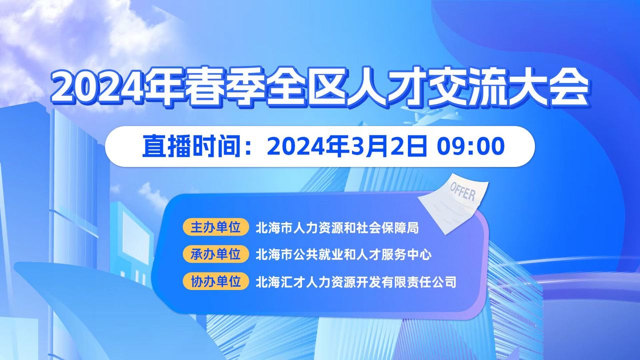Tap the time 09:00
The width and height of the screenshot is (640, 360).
point(470,146)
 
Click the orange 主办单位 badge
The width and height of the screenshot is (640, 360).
point(215,227)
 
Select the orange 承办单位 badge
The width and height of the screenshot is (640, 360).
point(215,254)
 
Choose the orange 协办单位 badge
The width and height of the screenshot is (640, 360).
point(215,281)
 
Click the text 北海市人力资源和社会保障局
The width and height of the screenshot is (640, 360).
point(337,227)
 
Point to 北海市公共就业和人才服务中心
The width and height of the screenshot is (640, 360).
point(343,254)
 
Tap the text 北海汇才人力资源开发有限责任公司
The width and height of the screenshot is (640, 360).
point(356,281)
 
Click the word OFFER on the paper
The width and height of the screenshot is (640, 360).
point(463,191)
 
